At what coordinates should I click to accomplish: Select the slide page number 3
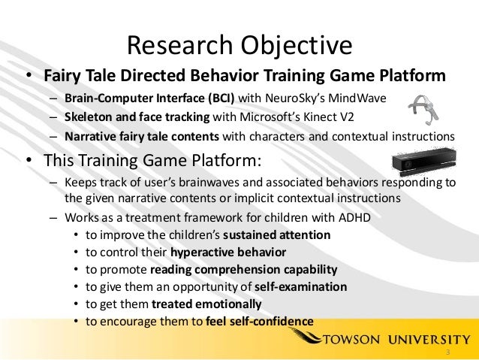click(447, 352)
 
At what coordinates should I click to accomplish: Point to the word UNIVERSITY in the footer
click(429, 339)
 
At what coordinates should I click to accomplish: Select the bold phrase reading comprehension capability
click(243, 270)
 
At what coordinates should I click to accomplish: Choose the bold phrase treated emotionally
click(206, 304)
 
